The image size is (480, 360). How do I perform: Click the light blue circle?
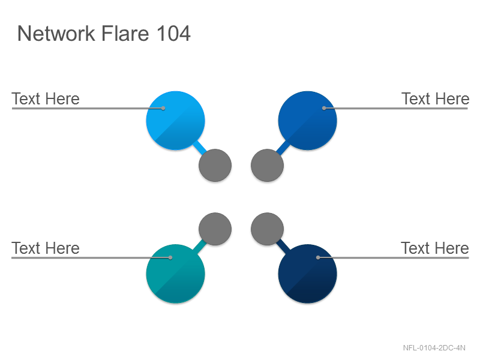click(x=175, y=121)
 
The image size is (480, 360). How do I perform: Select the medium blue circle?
click(x=308, y=121)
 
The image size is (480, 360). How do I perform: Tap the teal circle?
click(x=175, y=274)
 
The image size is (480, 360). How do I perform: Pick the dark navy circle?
click(x=308, y=274)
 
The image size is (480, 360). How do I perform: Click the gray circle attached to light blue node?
click(x=215, y=166)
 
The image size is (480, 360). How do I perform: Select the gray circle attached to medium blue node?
click(x=267, y=166)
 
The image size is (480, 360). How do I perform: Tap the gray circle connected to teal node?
click(x=215, y=229)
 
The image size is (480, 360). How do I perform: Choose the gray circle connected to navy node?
click(x=267, y=229)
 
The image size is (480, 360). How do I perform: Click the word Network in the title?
click(x=56, y=34)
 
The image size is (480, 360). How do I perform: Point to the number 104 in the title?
click(x=173, y=34)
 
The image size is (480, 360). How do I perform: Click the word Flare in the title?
click(x=125, y=34)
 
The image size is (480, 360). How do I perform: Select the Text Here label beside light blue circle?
click(x=46, y=99)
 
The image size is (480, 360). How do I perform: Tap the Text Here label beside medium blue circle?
click(x=436, y=99)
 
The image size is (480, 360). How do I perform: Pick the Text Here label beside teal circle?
click(x=46, y=248)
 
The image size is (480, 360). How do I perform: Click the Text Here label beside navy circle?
click(x=435, y=248)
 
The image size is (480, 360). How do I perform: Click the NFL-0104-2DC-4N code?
click(x=434, y=348)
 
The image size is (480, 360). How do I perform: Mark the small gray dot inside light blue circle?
click(x=163, y=108)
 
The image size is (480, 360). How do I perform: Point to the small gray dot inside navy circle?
click(x=318, y=257)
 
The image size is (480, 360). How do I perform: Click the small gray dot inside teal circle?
click(x=170, y=257)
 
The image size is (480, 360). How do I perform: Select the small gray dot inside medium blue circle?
click(x=324, y=108)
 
